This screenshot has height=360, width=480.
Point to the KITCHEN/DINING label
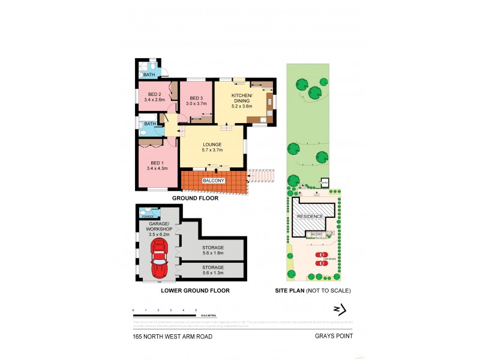pos(242,97)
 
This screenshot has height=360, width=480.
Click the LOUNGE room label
pos(212,145)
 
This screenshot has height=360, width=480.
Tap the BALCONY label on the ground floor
pos(214,181)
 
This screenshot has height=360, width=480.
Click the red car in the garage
pos(160,259)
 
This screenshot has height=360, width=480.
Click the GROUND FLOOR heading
pos(195,197)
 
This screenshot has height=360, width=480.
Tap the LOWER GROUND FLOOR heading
pos(195,291)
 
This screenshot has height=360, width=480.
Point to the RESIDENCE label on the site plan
pos(310,217)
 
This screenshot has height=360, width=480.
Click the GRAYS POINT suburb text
pos(334,337)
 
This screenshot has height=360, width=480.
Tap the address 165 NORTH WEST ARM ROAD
pos(173,337)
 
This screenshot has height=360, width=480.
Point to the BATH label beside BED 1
pos(149,124)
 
